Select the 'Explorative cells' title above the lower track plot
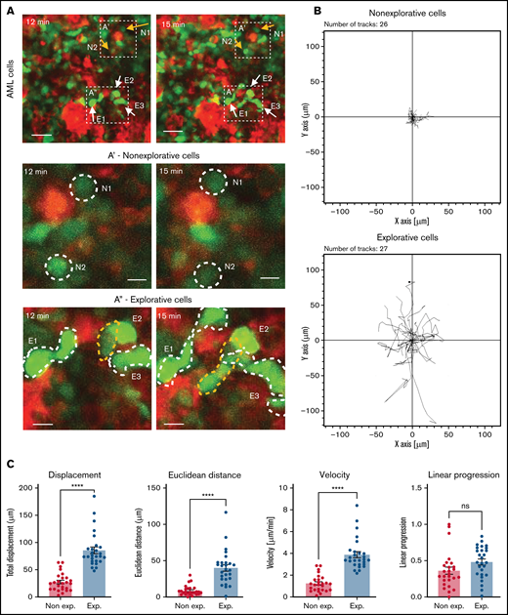tap(411, 237)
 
